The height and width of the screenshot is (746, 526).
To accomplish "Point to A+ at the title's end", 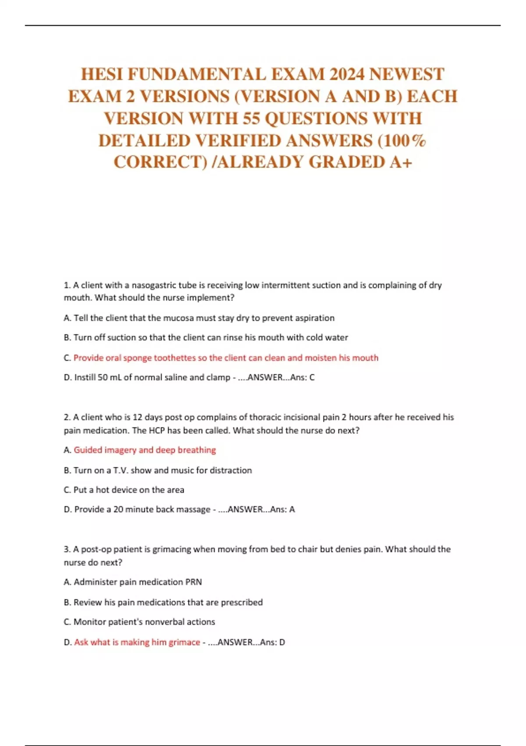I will [x=401, y=162].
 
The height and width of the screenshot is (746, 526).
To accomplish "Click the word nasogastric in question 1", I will [x=153, y=285].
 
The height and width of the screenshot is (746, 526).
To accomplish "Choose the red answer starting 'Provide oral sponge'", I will [x=226, y=358].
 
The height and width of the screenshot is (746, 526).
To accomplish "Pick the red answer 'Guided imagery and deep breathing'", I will [x=145, y=450].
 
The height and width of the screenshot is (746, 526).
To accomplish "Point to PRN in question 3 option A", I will [x=193, y=582].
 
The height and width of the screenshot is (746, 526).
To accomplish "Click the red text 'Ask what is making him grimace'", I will [x=137, y=642].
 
